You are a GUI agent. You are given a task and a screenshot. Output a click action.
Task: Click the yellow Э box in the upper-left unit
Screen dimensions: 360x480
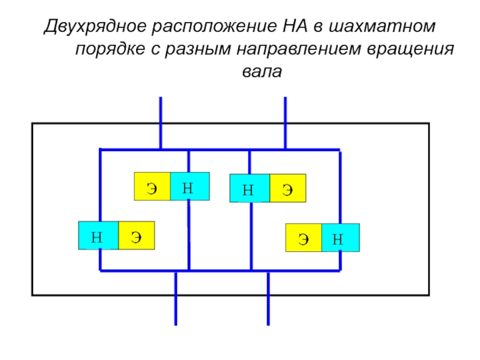tap(152, 187)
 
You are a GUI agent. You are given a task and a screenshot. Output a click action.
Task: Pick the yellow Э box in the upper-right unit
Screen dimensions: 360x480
tap(287, 188)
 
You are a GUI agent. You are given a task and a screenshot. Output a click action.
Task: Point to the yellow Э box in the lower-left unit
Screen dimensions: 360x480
tap(136, 236)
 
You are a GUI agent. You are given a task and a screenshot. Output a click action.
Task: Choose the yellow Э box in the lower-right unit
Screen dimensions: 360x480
tap(304, 238)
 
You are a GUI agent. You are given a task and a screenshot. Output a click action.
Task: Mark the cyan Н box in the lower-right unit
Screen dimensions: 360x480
tap(340, 238)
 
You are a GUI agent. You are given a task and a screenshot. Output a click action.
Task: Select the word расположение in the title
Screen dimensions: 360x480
tap(216, 28)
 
